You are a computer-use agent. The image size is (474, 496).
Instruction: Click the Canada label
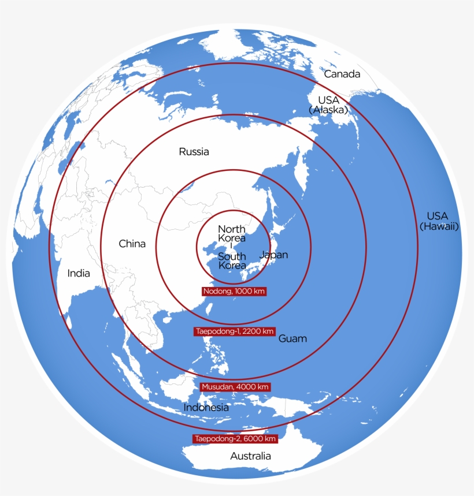pyautogui.click(x=342, y=74)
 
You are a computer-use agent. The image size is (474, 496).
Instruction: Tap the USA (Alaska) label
pyautogui.click(x=328, y=105)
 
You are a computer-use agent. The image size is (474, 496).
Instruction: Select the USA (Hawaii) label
pyautogui.click(x=439, y=221)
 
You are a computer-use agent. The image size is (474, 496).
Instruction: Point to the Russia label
pyautogui.click(x=194, y=152)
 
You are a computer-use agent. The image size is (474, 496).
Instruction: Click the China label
pyautogui.click(x=132, y=244)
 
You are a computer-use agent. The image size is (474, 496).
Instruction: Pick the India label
pyautogui.click(x=79, y=273)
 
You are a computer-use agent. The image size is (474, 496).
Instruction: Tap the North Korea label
pyautogui.click(x=231, y=233)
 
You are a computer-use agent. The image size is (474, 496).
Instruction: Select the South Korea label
pyautogui.click(x=232, y=261)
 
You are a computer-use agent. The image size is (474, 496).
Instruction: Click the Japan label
pyautogui.click(x=273, y=255)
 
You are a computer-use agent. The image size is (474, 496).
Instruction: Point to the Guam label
pyautogui.click(x=292, y=338)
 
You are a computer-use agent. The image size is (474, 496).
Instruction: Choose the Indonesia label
pyautogui.click(x=206, y=407)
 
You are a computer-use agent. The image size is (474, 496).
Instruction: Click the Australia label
pyautogui.click(x=250, y=456)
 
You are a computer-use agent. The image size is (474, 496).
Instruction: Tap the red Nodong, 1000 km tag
pyautogui.click(x=234, y=292)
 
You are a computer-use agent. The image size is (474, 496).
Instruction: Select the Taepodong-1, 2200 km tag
pyautogui.click(x=234, y=331)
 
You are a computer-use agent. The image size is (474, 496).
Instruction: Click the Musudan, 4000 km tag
pyautogui.click(x=235, y=386)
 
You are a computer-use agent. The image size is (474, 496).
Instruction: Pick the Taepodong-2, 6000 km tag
pyautogui.click(x=235, y=439)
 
